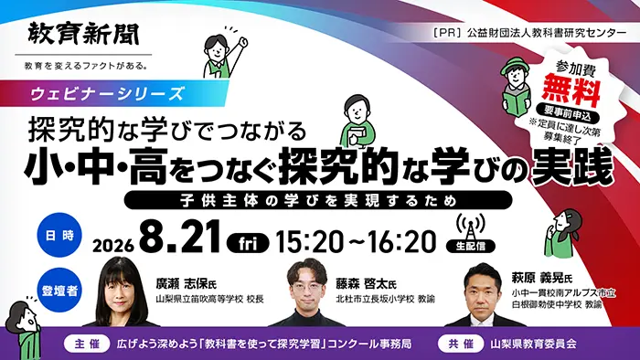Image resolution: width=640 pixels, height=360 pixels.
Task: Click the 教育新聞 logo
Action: (84, 34)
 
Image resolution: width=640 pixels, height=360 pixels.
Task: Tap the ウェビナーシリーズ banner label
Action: (108, 93)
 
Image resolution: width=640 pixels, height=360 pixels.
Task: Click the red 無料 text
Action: (571, 89)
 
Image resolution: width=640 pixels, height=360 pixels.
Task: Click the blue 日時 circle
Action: (59, 235)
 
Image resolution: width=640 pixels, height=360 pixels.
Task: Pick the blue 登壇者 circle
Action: (59, 290)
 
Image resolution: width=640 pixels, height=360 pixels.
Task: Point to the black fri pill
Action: (248, 243)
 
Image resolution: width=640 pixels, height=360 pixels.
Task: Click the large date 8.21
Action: (180, 238)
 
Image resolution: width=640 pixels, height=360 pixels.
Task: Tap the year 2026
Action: (113, 246)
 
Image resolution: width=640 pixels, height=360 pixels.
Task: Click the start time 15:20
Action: (310, 242)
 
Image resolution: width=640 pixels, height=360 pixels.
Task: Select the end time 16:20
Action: (402, 242)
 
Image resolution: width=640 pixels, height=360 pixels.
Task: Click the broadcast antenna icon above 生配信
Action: (470, 228)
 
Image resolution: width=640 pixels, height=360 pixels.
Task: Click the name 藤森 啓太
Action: (362, 284)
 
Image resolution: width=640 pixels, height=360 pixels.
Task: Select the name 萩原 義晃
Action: (538, 278)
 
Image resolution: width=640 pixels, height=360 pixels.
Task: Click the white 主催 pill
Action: (87, 344)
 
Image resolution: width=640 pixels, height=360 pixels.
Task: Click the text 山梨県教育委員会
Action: (533, 344)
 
